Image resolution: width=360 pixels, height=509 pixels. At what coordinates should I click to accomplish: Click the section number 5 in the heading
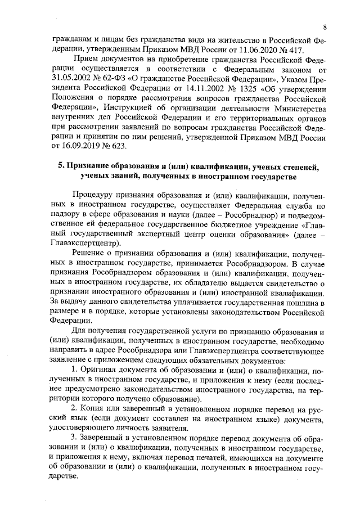pyautogui.click(x=61, y=167)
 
